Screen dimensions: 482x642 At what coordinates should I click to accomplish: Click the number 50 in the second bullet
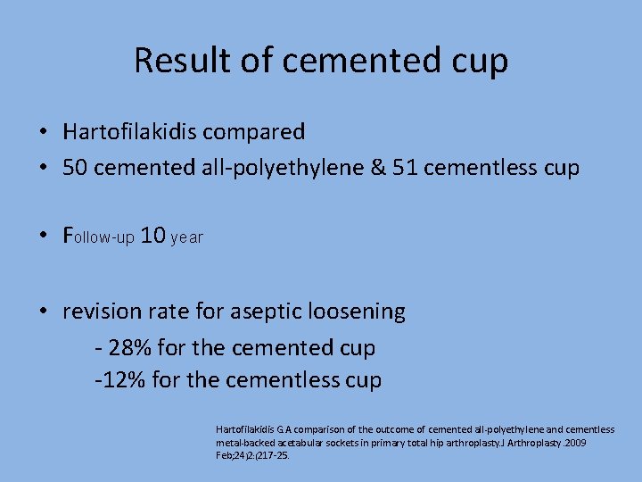coord(78,167)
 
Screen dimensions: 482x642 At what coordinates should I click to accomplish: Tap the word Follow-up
coord(98,237)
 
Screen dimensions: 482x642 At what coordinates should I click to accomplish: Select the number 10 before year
coord(153,236)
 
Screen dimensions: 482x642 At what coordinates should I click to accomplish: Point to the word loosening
coord(357,312)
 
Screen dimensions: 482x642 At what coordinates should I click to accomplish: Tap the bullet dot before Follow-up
coord(43,237)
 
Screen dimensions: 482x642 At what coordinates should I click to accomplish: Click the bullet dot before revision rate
coord(43,312)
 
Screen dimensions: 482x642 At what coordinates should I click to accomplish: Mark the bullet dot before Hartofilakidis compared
coord(43,132)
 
